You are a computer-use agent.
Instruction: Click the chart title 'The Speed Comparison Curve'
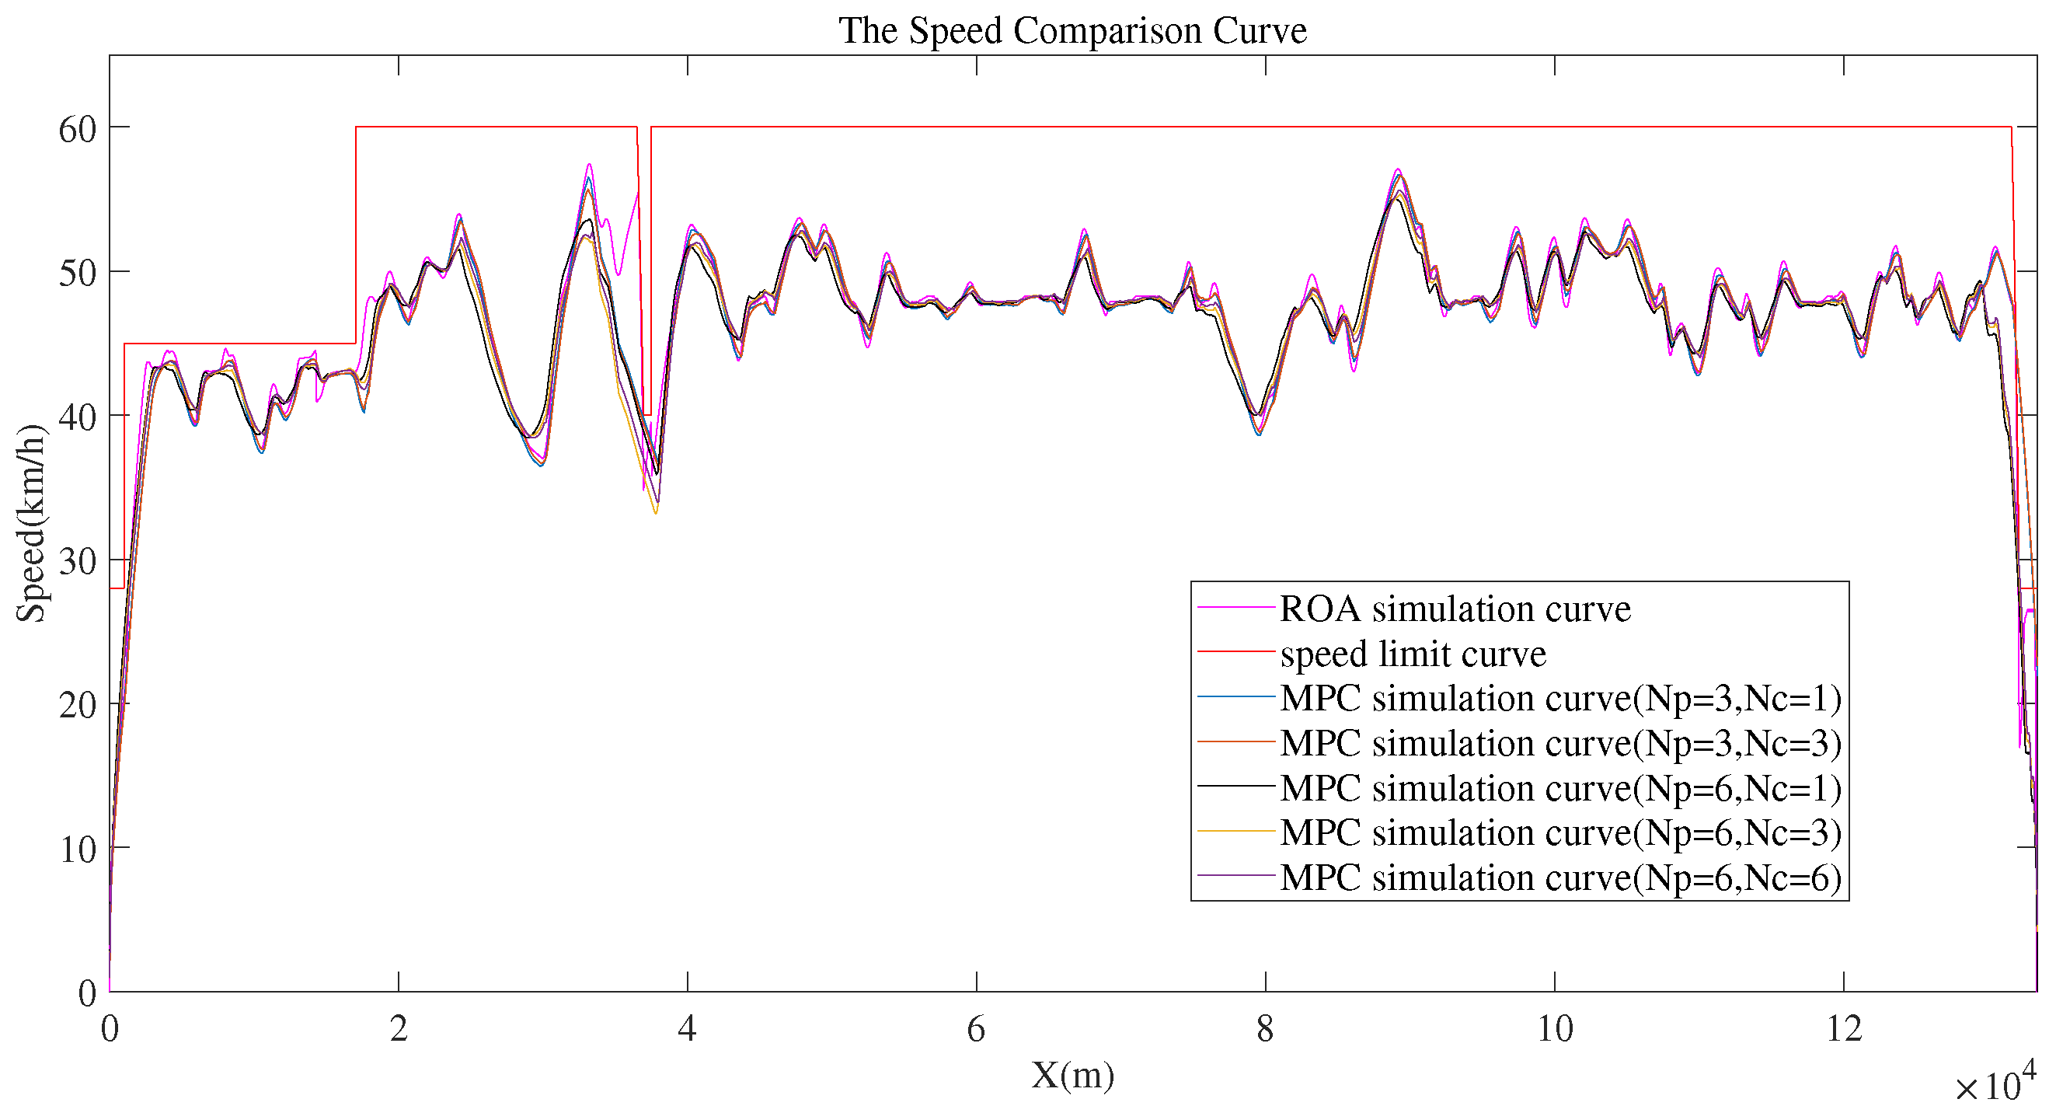coord(1072,30)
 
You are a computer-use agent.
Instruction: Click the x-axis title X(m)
coord(1072,1075)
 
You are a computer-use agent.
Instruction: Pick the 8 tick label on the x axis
coord(1265,1029)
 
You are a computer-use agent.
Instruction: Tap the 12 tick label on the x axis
coord(1843,1029)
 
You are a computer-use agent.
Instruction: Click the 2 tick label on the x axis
coord(399,1029)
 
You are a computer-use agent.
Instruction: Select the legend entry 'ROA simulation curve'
coord(1455,609)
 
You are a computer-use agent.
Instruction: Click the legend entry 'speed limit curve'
coord(1413,654)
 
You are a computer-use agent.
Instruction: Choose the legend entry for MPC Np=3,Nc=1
coord(1560,699)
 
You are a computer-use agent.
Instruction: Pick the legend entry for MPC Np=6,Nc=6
coord(1560,878)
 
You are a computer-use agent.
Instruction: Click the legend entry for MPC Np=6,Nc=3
coord(1560,832)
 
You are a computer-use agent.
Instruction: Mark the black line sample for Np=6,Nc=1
coord(1235,787)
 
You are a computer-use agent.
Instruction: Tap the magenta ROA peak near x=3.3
coord(589,166)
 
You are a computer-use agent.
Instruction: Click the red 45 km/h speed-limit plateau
coord(239,344)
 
